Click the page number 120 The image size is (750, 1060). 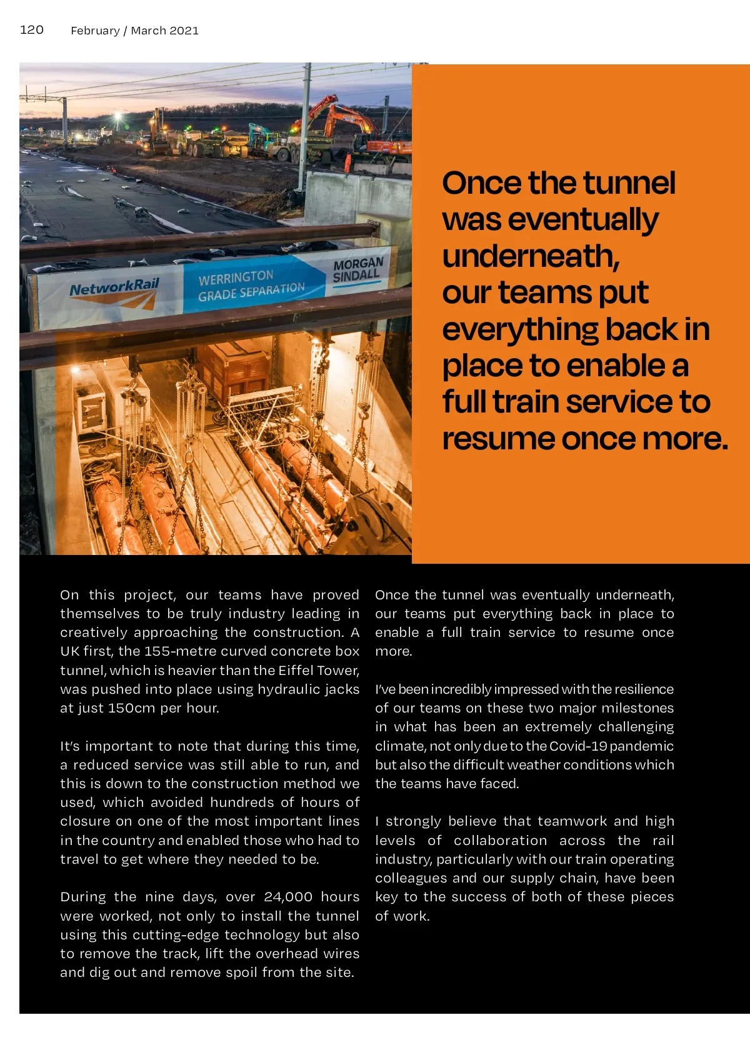click(x=32, y=29)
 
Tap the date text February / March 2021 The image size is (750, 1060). click(x=134, y=31)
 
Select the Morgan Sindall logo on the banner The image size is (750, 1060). click(x=357, y=269)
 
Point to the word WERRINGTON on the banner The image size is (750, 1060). click(x=236, y=277)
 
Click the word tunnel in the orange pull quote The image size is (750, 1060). click(x=629, y=183)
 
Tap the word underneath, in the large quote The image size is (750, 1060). click(x=531, y=256)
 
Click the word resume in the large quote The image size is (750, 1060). click(x=498, y=439)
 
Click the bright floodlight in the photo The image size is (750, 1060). click(x=117, y=116)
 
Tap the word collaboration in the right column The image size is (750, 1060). click(x=500, y=841)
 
